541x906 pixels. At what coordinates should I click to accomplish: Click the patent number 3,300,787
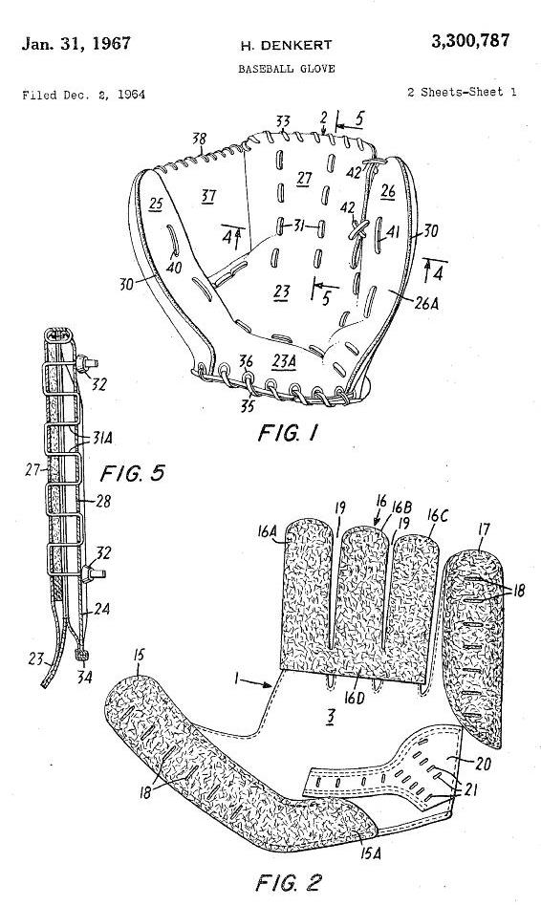470,42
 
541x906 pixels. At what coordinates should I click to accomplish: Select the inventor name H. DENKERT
286,45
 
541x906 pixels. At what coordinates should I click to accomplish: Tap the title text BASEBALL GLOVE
287,69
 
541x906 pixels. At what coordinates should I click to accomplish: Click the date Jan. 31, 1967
76,44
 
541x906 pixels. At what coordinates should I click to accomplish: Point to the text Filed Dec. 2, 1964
84,95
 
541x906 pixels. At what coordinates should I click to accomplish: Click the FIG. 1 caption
288,432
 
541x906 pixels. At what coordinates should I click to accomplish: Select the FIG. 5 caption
132,473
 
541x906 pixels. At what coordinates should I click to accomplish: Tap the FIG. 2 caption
288,882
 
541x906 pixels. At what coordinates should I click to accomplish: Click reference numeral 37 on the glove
208,197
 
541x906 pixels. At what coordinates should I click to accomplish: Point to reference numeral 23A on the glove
285,361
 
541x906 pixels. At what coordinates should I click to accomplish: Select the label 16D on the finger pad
354,698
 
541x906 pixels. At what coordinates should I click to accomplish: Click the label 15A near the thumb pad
370,852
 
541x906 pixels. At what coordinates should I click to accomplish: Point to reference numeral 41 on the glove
393,232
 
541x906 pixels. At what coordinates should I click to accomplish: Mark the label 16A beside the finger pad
267,532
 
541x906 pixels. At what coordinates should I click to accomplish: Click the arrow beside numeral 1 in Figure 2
255,683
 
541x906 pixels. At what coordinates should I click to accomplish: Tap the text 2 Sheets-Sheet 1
462,92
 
